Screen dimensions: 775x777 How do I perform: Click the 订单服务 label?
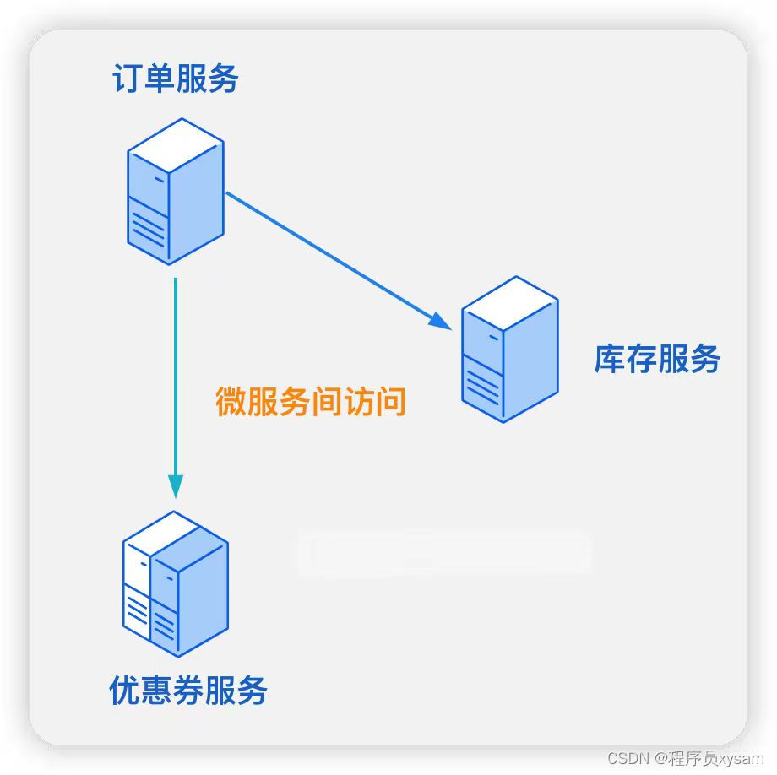(x=176, y=79)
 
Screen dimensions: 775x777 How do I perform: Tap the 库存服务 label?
(x=657, y=359)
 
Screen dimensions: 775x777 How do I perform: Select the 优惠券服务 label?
(x=188, y=691)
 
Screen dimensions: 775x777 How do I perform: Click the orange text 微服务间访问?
(x=311, y=402)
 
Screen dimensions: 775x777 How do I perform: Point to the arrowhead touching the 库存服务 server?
(x=440, y=320)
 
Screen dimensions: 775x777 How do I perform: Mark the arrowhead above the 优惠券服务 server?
(x=176, y=485)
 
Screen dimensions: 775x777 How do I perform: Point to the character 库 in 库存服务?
(x=609, y=359)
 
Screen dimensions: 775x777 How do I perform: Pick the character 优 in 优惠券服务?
(x=125, y=691)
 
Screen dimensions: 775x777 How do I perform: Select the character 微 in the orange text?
(x=231, y=402)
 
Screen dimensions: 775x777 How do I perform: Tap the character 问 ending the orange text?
(x=391, y=402)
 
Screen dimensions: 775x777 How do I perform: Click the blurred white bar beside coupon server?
(x=443, y=553)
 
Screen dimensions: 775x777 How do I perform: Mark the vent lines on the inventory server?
(x=482, y=384)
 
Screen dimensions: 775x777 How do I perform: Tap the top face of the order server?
(x=176, y=145)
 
